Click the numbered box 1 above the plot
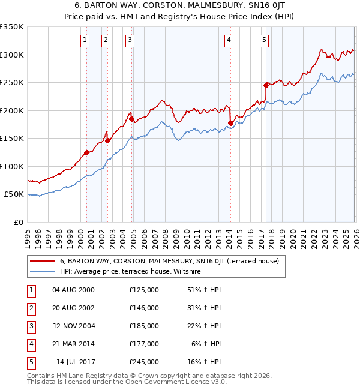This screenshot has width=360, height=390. point(85,40)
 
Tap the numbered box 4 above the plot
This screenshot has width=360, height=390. point(229,40)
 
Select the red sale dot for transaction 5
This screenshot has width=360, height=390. point(266,85)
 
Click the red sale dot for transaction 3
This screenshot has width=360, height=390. point(132,119)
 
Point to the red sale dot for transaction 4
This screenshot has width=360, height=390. point(230,124)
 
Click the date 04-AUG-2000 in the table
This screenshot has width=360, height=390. point(73,290)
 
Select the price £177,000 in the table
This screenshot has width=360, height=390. point(144,344)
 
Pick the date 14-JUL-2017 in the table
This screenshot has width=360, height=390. point(75,362)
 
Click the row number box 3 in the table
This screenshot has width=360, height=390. point(31,326)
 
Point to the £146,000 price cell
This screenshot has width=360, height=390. point(144,308)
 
